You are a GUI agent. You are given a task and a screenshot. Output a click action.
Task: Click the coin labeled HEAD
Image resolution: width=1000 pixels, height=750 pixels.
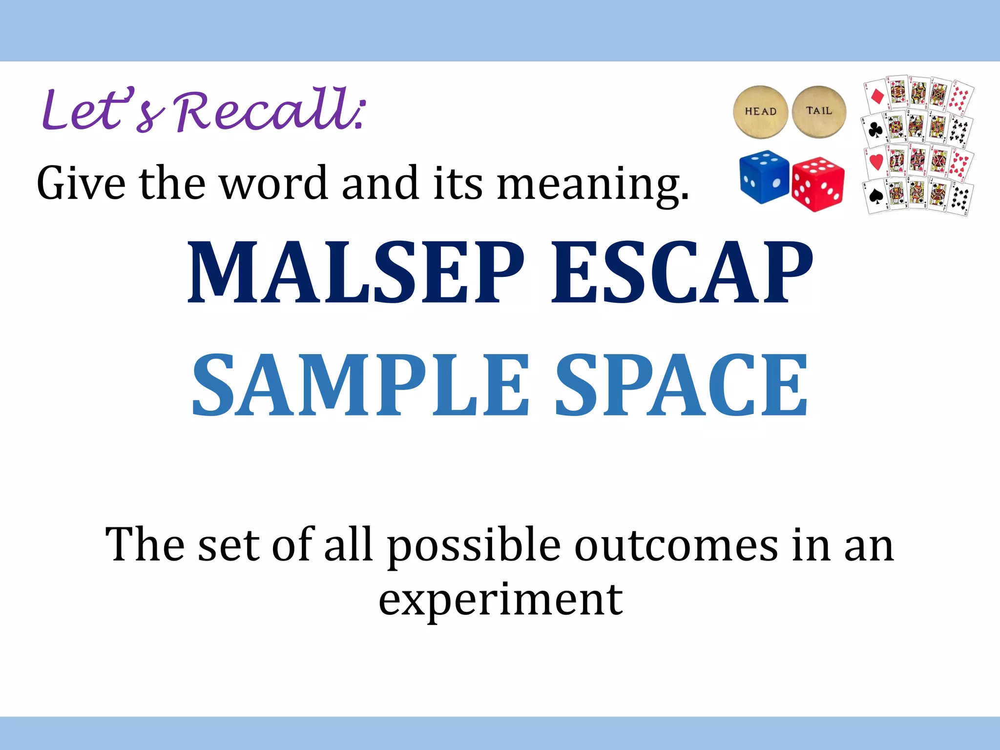coord(760,112)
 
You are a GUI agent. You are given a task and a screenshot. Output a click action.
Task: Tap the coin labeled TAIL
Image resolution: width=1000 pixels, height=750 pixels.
coord(819,112)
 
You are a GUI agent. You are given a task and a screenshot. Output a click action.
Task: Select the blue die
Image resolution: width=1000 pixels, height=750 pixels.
coord(764,176)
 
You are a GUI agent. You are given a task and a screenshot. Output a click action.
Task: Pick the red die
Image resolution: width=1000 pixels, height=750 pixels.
coord(818,185)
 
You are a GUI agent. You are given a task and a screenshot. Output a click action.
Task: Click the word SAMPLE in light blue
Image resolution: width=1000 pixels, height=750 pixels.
coord(360,385)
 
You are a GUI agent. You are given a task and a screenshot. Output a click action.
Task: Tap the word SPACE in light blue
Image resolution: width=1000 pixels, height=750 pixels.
coord(682,385)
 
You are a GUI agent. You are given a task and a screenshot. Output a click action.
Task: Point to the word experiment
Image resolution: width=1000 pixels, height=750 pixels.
coord(500,600)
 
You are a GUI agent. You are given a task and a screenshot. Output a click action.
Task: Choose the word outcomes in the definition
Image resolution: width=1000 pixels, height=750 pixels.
coord(676,545)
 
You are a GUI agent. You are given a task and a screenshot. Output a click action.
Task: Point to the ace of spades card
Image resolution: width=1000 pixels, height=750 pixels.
coord(875,196)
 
